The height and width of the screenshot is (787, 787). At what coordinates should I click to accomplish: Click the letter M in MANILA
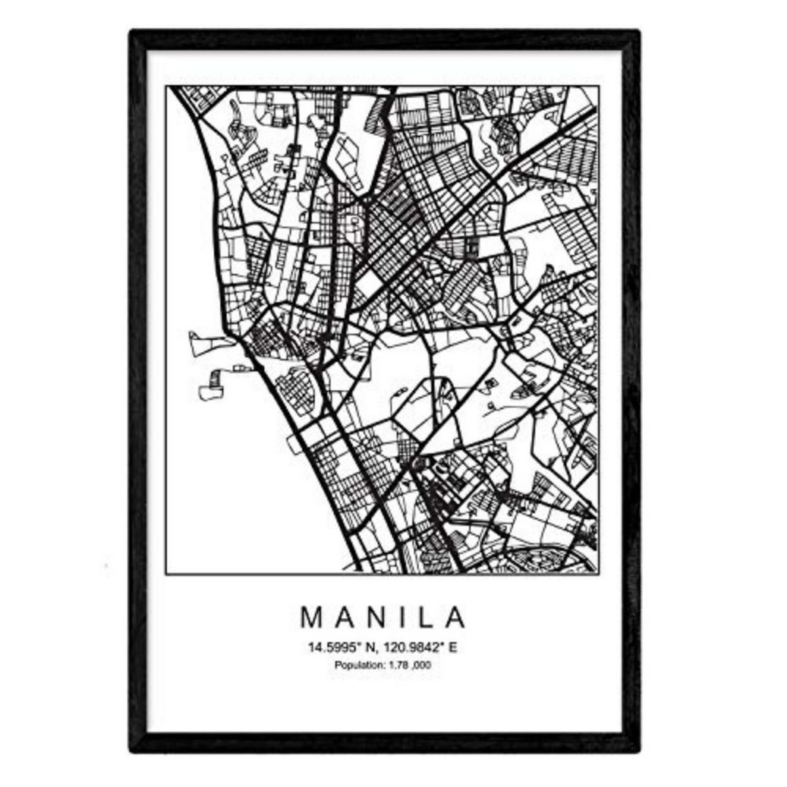[310, 618]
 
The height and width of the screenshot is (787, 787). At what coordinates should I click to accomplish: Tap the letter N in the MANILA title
[373, 618]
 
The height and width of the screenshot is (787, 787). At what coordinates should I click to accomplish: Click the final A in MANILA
[456, 618]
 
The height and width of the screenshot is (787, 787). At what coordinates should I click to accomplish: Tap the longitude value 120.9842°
[410, 648]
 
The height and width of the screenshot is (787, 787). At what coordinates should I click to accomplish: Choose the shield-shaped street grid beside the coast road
[297, 388]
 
